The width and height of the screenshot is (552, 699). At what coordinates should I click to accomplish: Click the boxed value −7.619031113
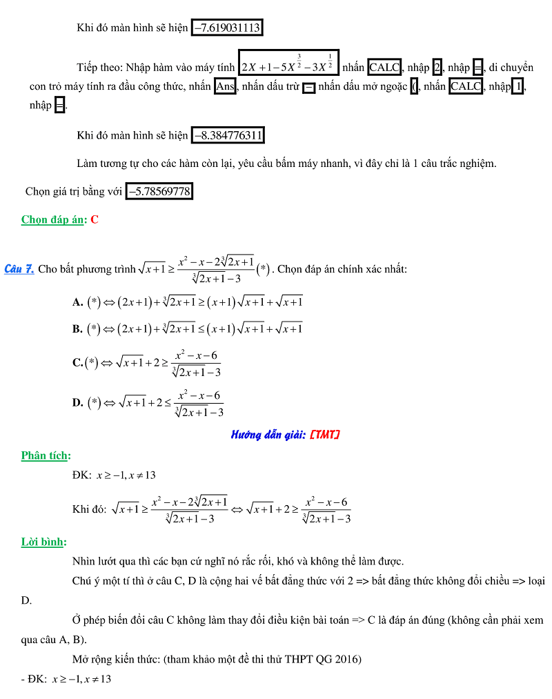[227, 28]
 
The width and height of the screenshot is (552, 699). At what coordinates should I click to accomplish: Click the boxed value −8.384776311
[227, 135]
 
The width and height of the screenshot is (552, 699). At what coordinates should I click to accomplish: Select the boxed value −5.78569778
[159, 191]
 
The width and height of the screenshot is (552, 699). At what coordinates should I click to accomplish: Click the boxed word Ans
[225, 88]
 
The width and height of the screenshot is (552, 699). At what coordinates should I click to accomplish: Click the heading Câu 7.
[19, 269]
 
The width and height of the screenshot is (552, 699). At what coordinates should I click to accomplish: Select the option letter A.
[77, 302]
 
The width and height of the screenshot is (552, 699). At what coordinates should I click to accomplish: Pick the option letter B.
[77, 329]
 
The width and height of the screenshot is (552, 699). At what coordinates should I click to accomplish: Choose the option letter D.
[77, 403]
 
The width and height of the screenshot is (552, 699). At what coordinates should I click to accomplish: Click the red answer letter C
[95, 219]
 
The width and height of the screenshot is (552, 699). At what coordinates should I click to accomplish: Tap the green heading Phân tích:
[46, 455]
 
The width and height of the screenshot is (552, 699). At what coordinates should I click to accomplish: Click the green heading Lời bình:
[43, 542]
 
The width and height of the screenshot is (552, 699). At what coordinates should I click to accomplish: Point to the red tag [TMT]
[324, 435]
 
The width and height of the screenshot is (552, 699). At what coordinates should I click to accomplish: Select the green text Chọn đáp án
[53, 219]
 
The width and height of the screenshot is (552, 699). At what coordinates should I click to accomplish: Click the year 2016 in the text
[349, 659]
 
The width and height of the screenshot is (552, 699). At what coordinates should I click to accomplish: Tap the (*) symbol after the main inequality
[263, 269]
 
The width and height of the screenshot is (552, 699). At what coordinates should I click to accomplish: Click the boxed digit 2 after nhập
[437, 68]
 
